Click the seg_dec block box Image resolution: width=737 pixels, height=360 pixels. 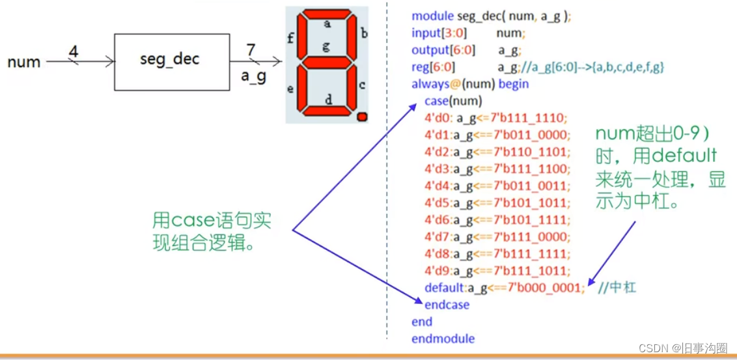pyautogui.click(x=171, y=61)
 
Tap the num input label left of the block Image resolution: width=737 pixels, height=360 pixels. pyautogui.click(x=24, y=62)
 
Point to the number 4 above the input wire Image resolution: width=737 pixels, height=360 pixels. pyautogui.click(x=74, y=50)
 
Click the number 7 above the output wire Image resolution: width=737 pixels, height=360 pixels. pyautogui.click(x=251, y=49)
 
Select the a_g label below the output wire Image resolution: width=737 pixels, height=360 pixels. pyautogui.click(x=254, y=77)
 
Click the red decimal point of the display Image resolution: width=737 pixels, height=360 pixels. pyautogui.click(x=363, y=117)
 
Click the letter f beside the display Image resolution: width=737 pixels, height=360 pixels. pyautogui.click(x=290, y=38)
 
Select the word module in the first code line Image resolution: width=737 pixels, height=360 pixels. pyautogui.click(x=432, y=16)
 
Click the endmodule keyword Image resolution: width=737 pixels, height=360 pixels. pyautogui.click(x=443, y=339)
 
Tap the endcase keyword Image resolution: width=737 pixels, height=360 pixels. pyautogui.click(x=447, y=305)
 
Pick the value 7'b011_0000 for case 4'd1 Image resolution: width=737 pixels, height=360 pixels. pyautogui.click(x=531, y=135)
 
